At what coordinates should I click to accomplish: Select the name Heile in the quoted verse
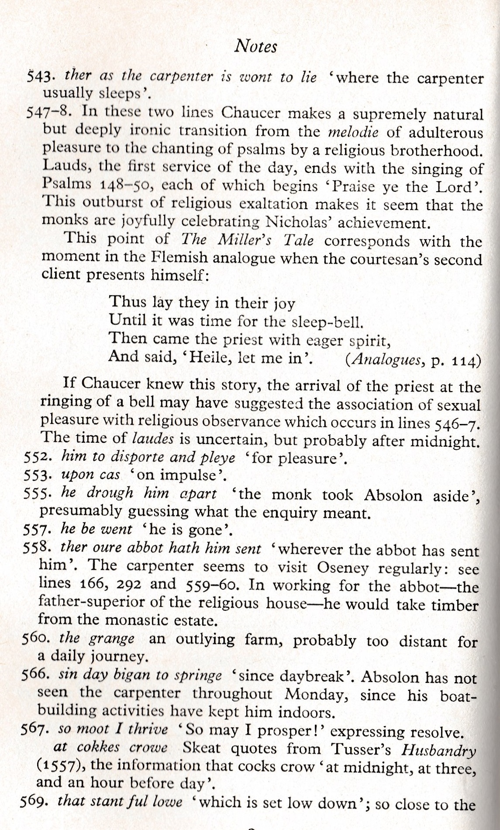click(208, 358)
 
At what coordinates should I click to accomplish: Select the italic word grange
click(111, 639)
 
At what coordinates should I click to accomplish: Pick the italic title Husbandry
click(438, 750)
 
